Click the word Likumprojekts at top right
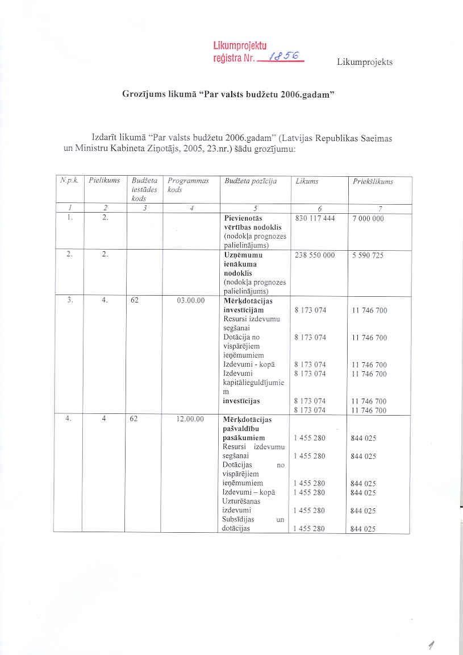click(365, 62)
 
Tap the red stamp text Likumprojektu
click(240, 46)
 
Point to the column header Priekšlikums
click(373, 181)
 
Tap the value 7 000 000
click(368, 218)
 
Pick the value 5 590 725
click(368, 255)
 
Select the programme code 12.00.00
click(190, 420)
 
